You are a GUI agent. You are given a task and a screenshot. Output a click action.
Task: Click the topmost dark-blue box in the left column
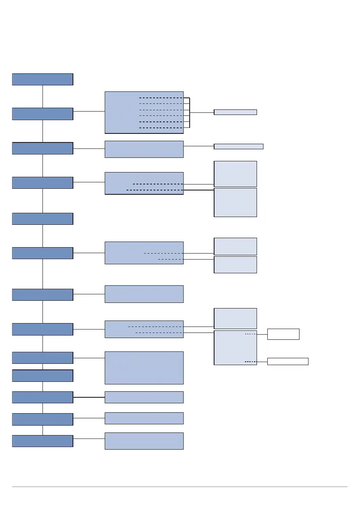pos(42,79)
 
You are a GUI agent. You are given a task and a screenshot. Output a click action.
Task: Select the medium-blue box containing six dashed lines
pos(144,112)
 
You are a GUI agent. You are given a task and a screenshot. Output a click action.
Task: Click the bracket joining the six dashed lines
pos(189,113)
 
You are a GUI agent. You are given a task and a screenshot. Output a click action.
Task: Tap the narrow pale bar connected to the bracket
pos(235,112)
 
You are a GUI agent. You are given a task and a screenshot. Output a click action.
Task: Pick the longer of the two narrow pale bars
pos(238,146)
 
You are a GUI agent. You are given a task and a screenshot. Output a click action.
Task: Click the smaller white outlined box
pos(283,334)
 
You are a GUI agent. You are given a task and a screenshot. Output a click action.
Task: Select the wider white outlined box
pos(287,361)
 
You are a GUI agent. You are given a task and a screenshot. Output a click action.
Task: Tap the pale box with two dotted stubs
pos(235,348)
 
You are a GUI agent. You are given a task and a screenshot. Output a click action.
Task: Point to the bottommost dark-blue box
pos(42,441)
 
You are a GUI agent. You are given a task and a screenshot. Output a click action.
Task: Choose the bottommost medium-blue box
pos(144,441)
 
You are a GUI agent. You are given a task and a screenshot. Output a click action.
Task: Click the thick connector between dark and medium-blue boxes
pos(89,397)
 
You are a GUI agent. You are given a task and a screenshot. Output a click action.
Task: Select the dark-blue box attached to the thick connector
pos(42,397)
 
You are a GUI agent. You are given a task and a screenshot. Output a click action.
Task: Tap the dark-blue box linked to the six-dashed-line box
pos(42,114)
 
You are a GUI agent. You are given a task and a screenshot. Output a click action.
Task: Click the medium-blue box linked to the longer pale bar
pos(144,149)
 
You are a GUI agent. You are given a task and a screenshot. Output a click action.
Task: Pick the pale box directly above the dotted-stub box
pos(235,318)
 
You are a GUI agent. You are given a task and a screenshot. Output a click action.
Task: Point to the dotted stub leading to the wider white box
pos(251,362)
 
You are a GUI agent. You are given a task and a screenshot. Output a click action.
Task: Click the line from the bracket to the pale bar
pos(202,113)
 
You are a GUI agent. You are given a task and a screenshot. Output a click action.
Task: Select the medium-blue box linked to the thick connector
pos(144,397)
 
